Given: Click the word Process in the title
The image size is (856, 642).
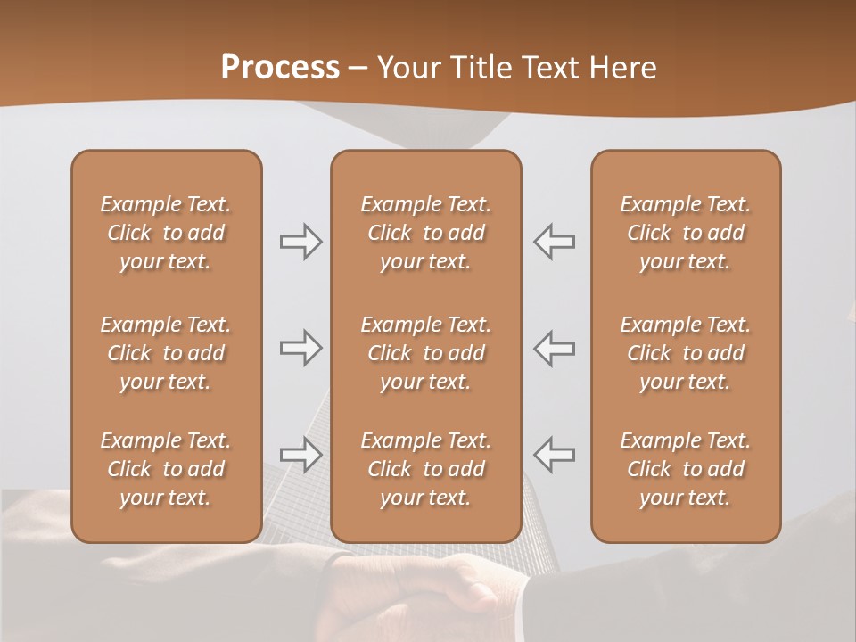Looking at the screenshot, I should tap(280, 68).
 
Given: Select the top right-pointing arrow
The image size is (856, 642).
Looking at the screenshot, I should tap(301, 242).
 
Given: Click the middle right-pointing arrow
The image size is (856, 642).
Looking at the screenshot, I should tap(301, 348).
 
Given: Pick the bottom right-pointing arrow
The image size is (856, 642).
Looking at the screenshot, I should tap(301, 454).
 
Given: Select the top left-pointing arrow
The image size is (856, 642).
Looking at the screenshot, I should tap(554, 242).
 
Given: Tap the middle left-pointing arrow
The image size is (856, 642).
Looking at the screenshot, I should tap(554, 348).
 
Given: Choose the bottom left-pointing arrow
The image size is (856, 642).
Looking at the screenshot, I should tap(554, 454).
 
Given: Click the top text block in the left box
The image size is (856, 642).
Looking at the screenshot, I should tap(166, 233).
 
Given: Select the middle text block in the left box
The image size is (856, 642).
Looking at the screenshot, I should tap(166, 353).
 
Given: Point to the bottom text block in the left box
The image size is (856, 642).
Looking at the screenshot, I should tap(166, 469).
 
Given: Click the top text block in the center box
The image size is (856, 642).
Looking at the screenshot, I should tap(425, 233).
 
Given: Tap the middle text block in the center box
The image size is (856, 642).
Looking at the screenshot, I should tap(425, 353).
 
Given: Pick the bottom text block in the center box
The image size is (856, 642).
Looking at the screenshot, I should tap(425, 469).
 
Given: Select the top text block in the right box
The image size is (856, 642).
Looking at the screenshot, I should tap(685, 233).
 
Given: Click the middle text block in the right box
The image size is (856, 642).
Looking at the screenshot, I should tap(685, 353).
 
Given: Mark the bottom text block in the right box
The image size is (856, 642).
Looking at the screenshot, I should tap(685, 469).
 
